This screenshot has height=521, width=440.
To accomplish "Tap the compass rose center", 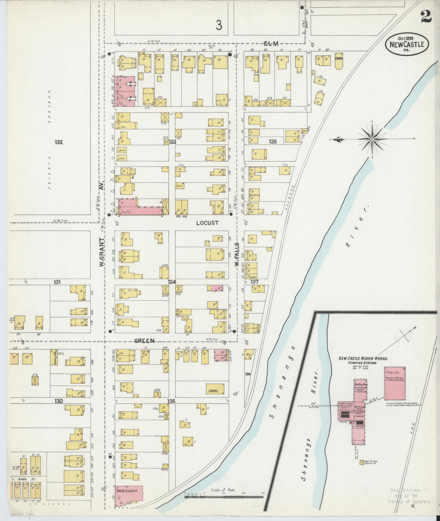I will tap(372, 139).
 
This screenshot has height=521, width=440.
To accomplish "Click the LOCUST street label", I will tap(207, 223).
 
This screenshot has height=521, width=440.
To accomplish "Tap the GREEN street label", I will tap(144, 341).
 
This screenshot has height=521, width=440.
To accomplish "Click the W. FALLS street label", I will tap(237, 254).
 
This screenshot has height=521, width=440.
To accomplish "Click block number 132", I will tap(59, 142).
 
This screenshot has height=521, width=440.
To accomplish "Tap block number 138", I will tap(273, 141).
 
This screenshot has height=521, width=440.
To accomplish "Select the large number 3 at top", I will tap(219, 26).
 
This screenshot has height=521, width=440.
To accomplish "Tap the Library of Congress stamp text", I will tap(408, 501).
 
